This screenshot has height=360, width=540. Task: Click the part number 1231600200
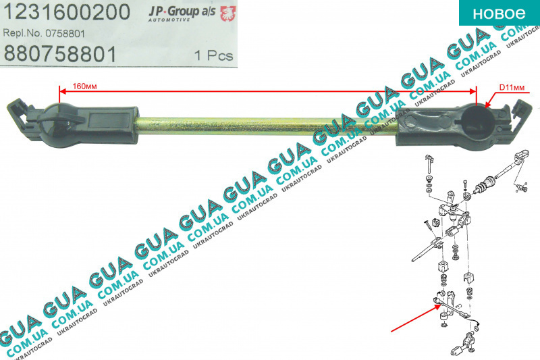(x=67, y=11)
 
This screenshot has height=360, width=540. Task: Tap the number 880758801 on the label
(x=60, y=54)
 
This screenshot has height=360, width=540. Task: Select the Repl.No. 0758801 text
(x=44, y=33)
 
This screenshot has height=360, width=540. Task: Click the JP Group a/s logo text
(x=182, y=11)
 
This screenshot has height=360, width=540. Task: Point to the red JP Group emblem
(x=227, y=14)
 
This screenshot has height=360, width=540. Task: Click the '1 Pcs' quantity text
(x=213, y=55)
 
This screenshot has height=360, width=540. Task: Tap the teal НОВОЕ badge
(x=500, y=13)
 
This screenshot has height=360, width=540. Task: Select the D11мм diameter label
(x=512, y=88)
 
